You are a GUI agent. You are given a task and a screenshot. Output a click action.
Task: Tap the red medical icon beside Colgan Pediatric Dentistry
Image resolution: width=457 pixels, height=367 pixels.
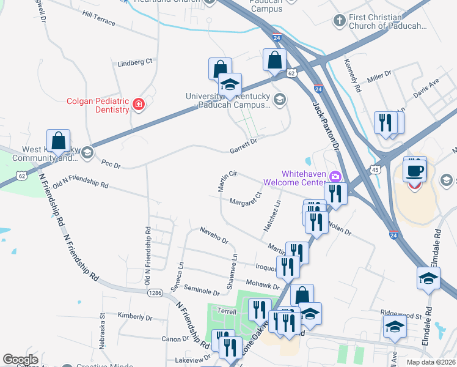click(139, 105)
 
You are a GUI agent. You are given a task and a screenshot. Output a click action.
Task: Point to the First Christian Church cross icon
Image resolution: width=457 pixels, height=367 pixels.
click(339, 21)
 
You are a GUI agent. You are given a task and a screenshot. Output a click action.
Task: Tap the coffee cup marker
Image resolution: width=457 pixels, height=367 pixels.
click(415, 170)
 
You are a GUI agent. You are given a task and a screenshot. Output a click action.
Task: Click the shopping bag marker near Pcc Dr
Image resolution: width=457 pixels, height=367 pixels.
click(59, 141)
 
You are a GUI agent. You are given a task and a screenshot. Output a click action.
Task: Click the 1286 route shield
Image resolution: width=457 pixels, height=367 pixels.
click(155, 293)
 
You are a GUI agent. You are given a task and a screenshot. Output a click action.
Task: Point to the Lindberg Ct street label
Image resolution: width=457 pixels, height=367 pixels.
click(134, 62)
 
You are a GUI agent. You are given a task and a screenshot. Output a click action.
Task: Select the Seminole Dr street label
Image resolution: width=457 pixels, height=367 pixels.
click(201, 292)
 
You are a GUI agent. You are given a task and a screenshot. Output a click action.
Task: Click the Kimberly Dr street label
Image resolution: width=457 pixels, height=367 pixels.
click(135, 317)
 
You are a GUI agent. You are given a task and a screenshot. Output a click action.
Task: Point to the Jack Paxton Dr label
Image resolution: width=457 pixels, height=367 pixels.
click(325, 125)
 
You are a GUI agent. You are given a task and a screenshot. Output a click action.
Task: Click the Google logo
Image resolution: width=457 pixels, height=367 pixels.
click(20, 360)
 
